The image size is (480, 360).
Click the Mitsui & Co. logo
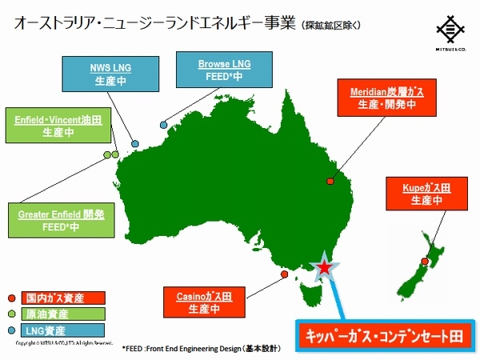(451, 35)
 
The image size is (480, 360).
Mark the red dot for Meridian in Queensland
(330, 182)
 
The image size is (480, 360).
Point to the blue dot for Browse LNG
(163, 125)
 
